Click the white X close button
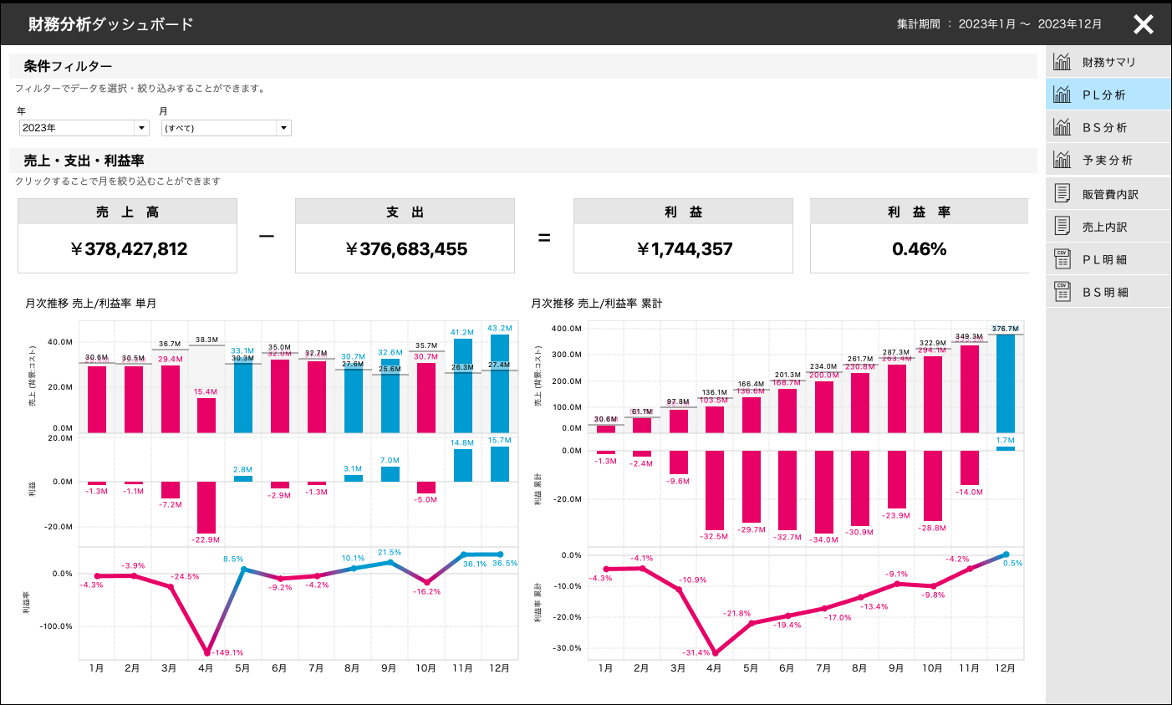tap(1143, 24)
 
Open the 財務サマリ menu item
tap(1108, 62)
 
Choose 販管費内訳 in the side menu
tap(1109, 194)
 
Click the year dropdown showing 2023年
tap(84, 128)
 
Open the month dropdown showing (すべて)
tap(226, 128)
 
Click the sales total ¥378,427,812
tap(129, 249)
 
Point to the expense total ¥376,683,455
tap(406, 249)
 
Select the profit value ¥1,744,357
tap(684, 249)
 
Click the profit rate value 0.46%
tap(919, 249)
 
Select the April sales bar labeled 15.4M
tap(206, 415)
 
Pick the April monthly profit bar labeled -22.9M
tap(206, 507)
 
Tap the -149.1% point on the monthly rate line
tap(206, 653)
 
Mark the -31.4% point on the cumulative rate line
tap(715, 653)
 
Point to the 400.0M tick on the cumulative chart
tap(566, 329)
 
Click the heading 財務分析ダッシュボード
tap(110, 24)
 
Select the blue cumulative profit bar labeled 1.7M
tap(1005, 448)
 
